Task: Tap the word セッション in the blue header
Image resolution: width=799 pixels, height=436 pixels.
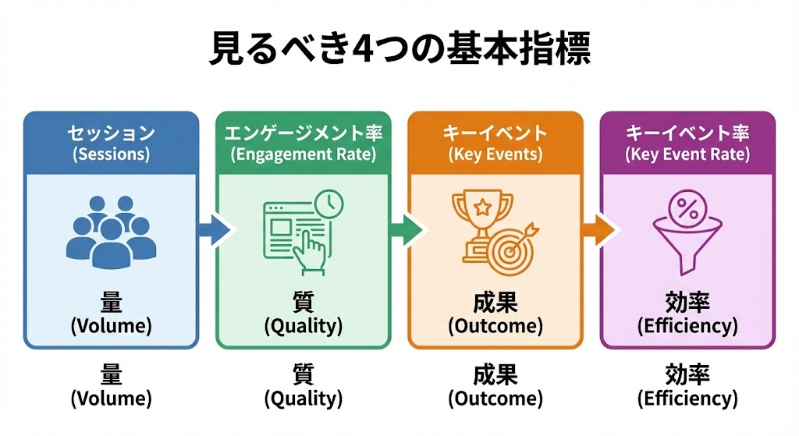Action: tap(111, 133)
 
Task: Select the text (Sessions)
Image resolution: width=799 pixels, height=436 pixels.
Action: tap(111, 154)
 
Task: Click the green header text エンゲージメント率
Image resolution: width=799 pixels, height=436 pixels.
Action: tap(303, 133)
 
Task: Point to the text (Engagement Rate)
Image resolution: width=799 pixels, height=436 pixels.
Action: tap(303, 154)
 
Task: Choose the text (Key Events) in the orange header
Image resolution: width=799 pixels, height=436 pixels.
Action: tap(495, 154)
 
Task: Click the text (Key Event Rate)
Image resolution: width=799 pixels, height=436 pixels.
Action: tap(687, 154)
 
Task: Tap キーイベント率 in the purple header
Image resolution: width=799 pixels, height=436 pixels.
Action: tap(687, 133)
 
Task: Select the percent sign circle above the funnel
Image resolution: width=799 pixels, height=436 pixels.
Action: tap(687, 208)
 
